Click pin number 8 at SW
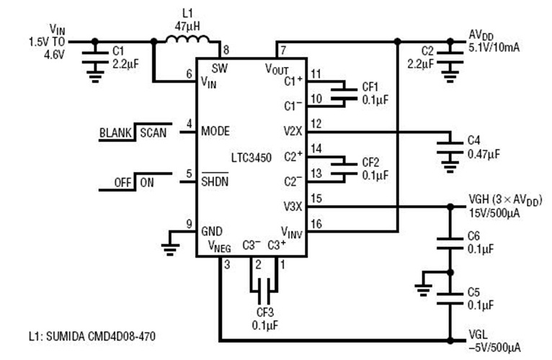pyautogui.click(x=226, y=50)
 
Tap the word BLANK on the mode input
pyautogui.click(x=116, y=133)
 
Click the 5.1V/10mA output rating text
pyautogui.click(x=494, y=48)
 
